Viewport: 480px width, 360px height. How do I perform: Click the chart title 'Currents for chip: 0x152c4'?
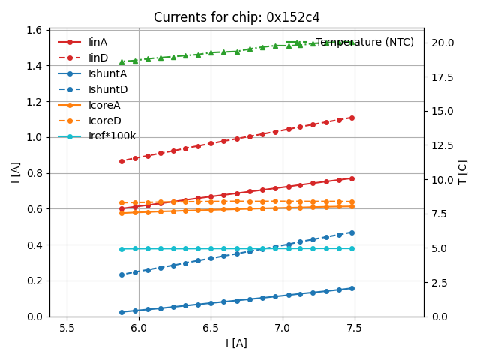click(x=237, y=17)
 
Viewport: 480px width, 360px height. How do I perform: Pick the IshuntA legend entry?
click(x=107, y=73)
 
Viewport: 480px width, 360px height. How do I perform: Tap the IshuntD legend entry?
click(x=108, y=89)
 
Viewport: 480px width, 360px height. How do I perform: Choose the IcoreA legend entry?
click(x=104, y=105)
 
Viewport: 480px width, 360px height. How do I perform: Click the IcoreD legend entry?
click(x=104, y=121)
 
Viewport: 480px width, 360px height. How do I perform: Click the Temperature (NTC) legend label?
click(x=364, y=43)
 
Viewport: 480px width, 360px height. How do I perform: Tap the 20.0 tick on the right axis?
click(x=441, y=43)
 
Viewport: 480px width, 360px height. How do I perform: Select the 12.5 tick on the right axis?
click(x=441, y=145)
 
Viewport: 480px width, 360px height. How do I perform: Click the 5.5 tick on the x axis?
click(x=67, y=328)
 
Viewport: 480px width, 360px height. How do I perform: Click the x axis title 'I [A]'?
click(x=237, y=343)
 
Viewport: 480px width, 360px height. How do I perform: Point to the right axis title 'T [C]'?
click(x=463, y=172)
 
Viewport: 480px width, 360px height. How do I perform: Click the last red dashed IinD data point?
click(x=352, y=118)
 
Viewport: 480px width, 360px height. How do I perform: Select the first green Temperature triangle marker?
click(x=122, y=61)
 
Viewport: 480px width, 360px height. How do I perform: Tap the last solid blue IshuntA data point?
click(x=352, y=288)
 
